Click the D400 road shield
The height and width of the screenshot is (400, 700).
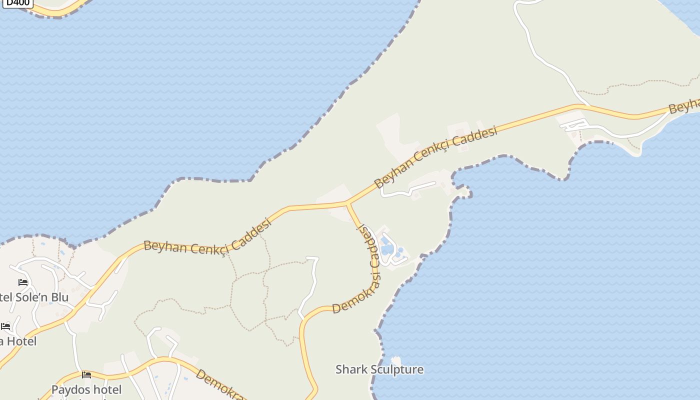coord(18,2)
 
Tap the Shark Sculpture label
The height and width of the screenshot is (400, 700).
coord(379,369)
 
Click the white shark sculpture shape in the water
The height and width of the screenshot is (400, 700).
coord(396,360)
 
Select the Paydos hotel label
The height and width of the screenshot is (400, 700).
coord(86,389)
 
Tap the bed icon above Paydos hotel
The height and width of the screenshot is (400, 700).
coord(86,374)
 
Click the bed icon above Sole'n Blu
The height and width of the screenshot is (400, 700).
coord(23,282)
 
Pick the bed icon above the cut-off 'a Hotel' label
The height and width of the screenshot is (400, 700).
coord(5,326)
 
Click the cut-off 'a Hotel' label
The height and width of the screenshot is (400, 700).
coord(18,341)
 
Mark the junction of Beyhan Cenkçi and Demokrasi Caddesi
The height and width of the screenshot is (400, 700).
coord(347,203)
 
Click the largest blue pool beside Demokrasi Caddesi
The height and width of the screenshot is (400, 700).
coord(385,248)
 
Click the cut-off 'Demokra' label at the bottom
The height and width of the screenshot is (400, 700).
coord(220,384)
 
